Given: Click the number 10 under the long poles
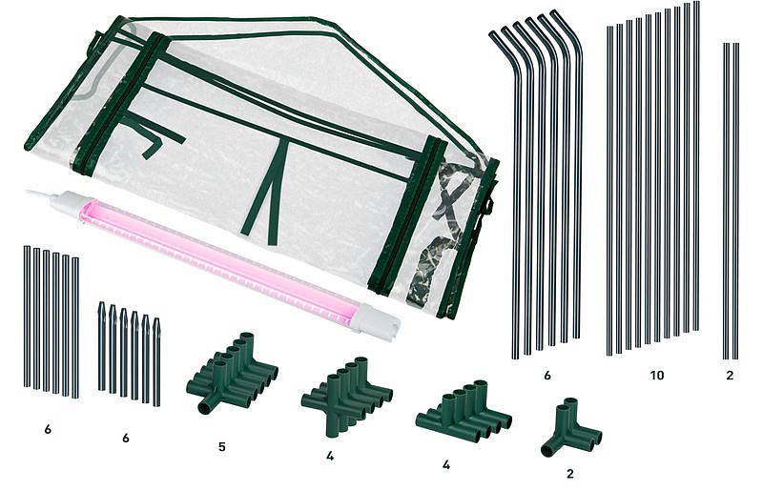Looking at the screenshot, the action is [x=656, y=376].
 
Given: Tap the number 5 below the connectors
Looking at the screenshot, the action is [x=222, y=447].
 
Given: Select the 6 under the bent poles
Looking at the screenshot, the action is [x=547, y=376].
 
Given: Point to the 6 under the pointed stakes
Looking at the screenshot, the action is [x=126, y=438].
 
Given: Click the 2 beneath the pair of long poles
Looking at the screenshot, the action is [x=730, y=376].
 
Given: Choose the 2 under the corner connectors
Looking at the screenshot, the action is [x=570, y=474].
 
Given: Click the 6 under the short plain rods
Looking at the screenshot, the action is [x=48, y=429].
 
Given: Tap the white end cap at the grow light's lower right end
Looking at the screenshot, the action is [x=375, y=321].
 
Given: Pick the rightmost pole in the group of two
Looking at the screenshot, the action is [x=736, y=201].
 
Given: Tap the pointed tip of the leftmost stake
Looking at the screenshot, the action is [x=101, y=305].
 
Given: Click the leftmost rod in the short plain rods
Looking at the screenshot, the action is [x=27, y=317].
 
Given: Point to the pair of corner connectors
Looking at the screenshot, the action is [x=571, y=427].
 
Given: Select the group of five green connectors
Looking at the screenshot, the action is [x=233, y=372].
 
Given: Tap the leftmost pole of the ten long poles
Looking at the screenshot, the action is [x=609, y=191].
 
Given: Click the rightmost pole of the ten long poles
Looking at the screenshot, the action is [x=696, y=166].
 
